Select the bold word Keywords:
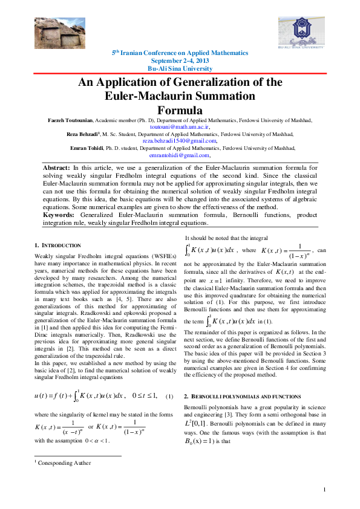(59, 215)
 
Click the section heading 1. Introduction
(57, 245)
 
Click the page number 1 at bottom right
(325, 490)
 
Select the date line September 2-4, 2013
(180, 61)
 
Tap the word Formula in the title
(180, 111)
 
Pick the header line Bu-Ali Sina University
(180, 69)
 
